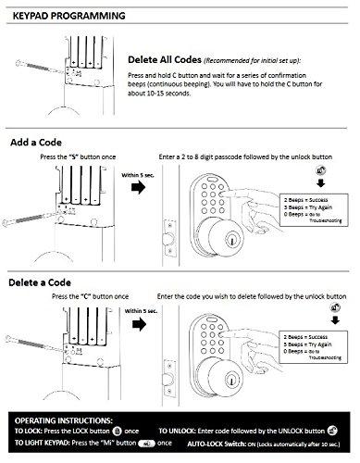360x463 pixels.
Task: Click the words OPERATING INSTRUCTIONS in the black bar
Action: click(x=68, y=419)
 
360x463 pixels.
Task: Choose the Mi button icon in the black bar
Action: click(x=146, y=444)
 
